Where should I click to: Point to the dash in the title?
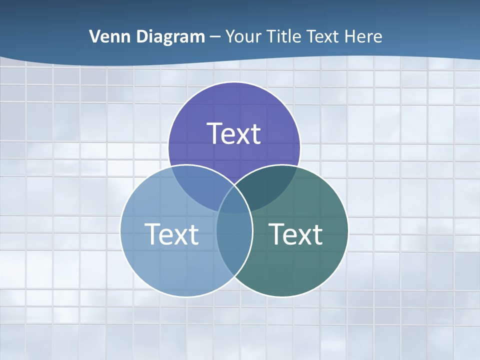click(x=215, y=37)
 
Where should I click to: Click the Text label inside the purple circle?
click(x=234, y=133)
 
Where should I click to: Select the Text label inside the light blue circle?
click(x=171, y=234)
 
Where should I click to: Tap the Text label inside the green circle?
click(x=295, y=234)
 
